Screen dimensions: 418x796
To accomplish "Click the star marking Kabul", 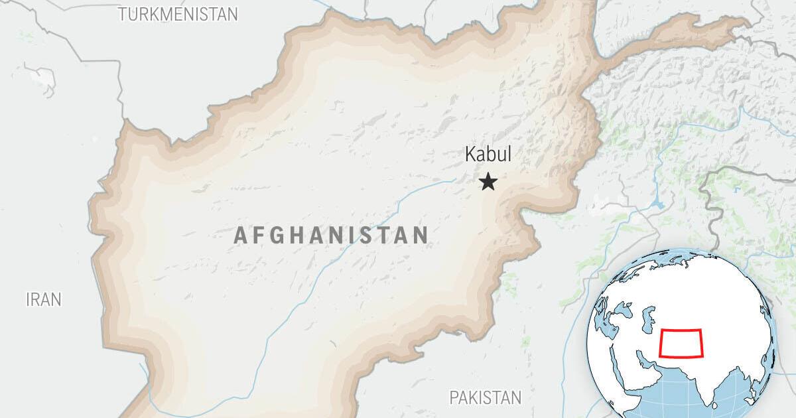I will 488,182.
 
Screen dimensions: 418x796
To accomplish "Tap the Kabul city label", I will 488,155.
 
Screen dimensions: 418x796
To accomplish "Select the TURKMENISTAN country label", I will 178,14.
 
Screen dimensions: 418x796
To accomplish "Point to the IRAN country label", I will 44,299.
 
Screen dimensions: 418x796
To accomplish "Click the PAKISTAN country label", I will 485,397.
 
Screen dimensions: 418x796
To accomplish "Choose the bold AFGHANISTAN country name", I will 331,235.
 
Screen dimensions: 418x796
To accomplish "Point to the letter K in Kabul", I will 470,155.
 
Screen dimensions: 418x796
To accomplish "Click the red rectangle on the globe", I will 682,343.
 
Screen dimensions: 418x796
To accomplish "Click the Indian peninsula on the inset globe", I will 703,378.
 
